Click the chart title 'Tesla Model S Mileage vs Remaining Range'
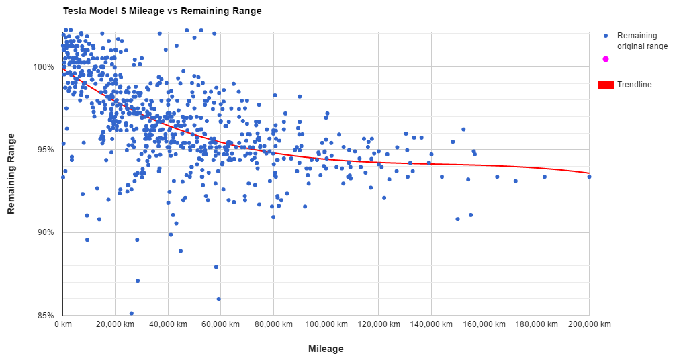pos(161,11)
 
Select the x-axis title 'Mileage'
pos(326,349)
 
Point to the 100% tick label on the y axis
pos(44,67)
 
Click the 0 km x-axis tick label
pos(62,324)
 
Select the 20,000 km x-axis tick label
pos(115,324)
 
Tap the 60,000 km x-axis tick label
pos(220,324)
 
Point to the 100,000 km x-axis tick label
pos(326,324)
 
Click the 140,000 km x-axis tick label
pos(431,324)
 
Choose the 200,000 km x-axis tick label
pos(589,324)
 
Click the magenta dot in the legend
pos(606,59)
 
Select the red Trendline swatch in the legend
pos(606,85)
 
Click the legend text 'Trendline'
pos(635,85)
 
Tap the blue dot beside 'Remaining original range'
pos(606,36)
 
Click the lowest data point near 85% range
pos(132,313)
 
